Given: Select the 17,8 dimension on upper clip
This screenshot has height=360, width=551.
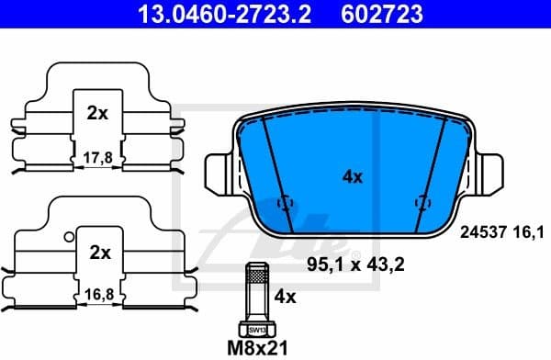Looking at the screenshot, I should click(96, 157).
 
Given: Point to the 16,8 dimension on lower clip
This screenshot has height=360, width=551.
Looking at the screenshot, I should click(98, 296).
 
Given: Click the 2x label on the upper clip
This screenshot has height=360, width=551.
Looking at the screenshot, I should click(96, 114).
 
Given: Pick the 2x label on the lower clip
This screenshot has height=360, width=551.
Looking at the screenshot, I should click(99, 251).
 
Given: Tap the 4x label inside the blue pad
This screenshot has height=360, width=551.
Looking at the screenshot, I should click(352, 177).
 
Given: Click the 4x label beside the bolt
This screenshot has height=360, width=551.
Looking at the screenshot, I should click(285, 297).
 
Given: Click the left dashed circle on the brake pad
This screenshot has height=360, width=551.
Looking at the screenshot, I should click(286, 202).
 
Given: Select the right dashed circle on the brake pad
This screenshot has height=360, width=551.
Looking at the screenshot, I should click(422, 202).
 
